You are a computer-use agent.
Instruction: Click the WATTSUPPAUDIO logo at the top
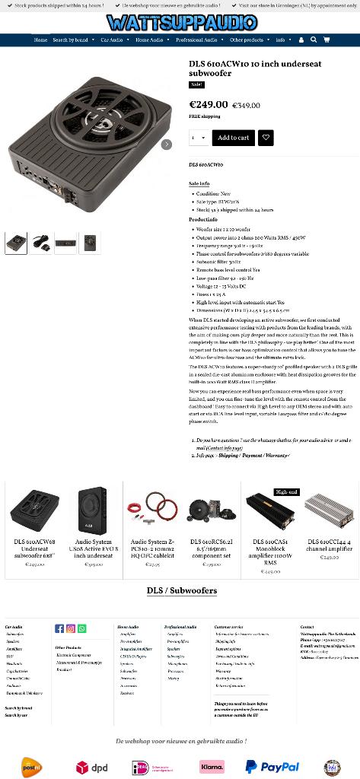point(181,23)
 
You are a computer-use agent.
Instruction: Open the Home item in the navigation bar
point(40,40)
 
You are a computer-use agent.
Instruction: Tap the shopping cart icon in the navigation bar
point(327,40)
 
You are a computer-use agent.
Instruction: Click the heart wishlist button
point(266,138)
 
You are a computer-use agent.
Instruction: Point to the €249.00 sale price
point(208,104)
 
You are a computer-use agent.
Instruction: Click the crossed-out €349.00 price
point(246,106)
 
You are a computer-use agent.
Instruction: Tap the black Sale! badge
point(196,84)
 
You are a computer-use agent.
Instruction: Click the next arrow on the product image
point(167,144)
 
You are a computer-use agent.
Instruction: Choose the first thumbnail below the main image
point(16,243)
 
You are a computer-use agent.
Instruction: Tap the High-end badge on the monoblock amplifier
point(286,492)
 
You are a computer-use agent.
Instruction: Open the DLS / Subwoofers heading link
point(181,590)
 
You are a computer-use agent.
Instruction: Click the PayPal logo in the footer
point(272,767)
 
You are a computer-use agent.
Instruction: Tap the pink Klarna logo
point(212,767)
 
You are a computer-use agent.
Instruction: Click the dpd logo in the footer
point(92,768)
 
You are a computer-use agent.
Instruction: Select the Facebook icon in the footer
point(59,628)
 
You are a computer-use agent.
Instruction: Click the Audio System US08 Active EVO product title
point(94,548)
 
